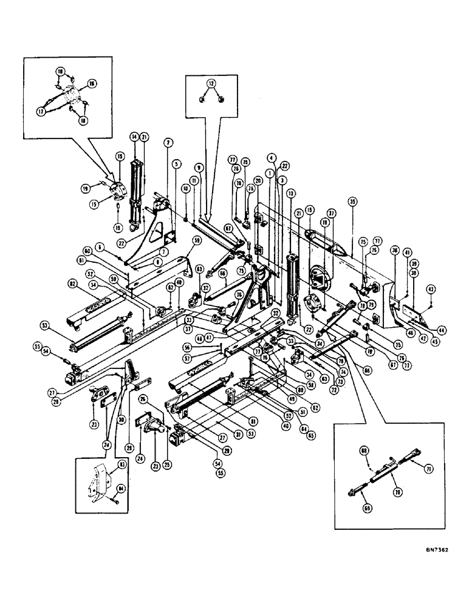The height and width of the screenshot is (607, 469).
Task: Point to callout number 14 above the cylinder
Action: pos(132,138)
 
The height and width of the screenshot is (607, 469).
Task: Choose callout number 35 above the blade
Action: pos(351,201)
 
